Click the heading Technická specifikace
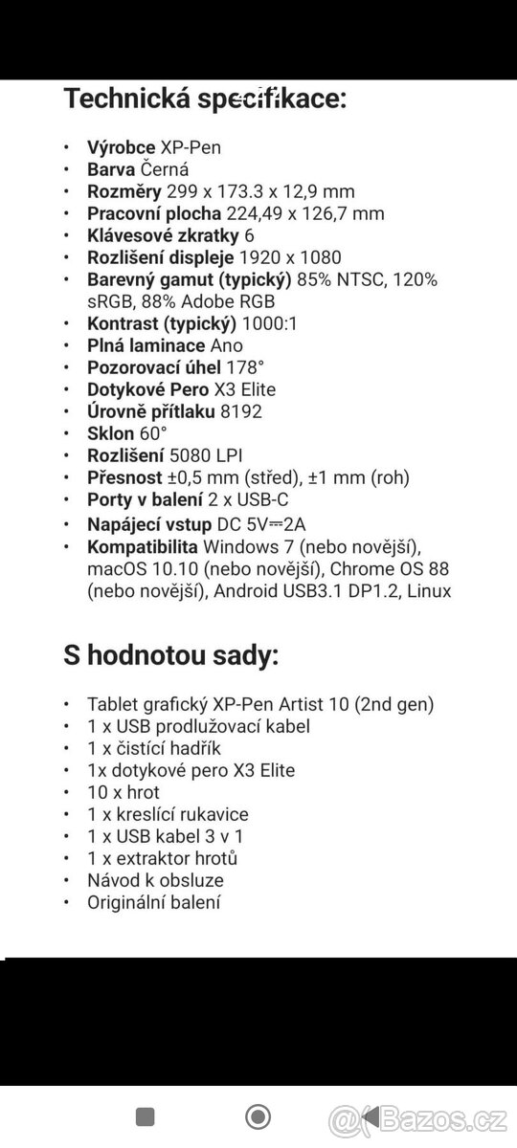[x=205, y=98]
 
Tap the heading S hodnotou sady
[x=170, y=656]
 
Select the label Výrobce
[x=122, y=147]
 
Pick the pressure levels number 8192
[x=240, y=411]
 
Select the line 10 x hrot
[x=124, y=792]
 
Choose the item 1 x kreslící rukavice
[x=168, y=814]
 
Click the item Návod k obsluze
[x=155, y=880]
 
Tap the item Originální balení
[x=153, y=902]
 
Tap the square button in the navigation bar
[x=146, y=1116]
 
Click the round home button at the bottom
[x=258, y=1116]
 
